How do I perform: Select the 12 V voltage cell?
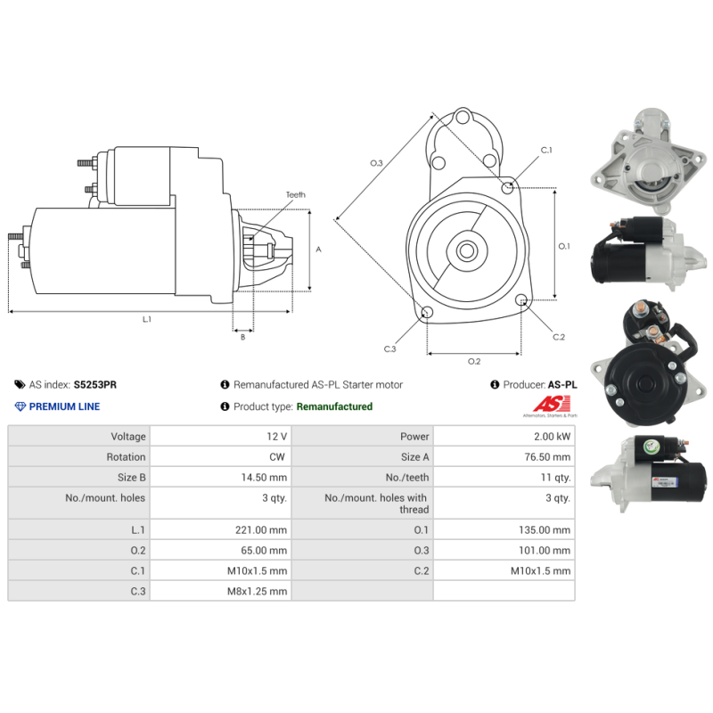tap(277, 437)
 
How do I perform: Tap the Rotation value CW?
tap(278, 457)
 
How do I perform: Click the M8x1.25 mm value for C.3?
tap(261, 591)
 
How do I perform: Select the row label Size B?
tap(131, 478)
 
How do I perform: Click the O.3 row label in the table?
tap(422, 551)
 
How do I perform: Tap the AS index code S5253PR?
tap(94, 385)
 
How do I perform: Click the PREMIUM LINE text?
tap(64, 406)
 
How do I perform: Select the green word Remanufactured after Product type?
tap(334, 406)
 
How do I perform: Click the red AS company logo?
tap(536, 405)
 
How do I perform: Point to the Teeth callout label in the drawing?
tap(295, 194)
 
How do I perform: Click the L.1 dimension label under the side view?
tap(147, 319)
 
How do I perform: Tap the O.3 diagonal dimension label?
tap(376, 163)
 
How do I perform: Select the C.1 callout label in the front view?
tap(546, 151)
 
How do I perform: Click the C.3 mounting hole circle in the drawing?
tap(427, 312)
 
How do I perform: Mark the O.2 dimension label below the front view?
tap(474, 361)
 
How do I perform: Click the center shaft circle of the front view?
tap(465, 250)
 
